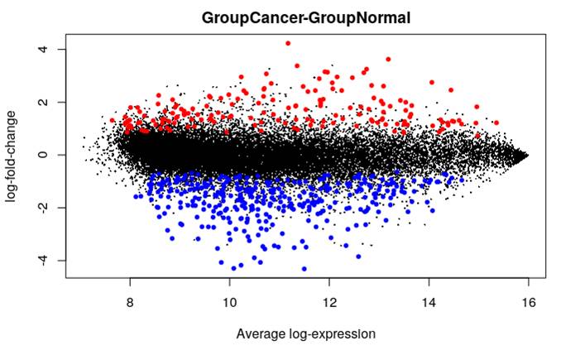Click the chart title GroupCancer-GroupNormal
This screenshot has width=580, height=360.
click(x=305, y=17)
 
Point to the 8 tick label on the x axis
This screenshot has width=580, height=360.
click(x=131, y=302)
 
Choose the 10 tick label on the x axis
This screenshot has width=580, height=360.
click(x=230, y=302)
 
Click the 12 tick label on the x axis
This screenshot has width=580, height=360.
click(x=329, y=302)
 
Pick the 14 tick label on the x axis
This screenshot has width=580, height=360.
click(x=429, y=302)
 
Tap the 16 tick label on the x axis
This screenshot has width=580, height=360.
click(x=528, y=302)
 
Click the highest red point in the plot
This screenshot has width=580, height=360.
click(x=288, y=43)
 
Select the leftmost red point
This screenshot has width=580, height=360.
click(x=113, y=120)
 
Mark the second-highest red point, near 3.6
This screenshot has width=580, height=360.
click(x=388, y=60)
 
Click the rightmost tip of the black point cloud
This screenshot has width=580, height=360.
click(x=527, y=155)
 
